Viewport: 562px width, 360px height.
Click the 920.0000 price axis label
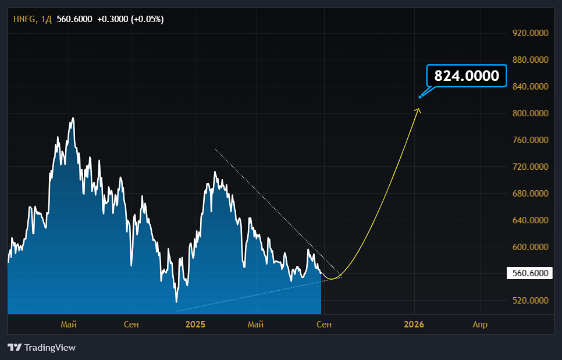click(x=530, y=33)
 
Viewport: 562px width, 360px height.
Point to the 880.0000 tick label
click(x=530, y=60)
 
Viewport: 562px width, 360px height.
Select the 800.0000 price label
click(x=530, y=113)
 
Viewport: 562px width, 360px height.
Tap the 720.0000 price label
click(x=530, y=166)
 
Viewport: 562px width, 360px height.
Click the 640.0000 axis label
click(x=530, y=220)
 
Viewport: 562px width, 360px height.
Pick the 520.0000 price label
click(x=530, y=301)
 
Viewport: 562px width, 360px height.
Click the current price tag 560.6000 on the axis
click(x=530, y=273)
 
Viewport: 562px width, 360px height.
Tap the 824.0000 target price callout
click(x=467, y=76)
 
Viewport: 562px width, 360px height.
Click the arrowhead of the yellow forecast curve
click(x=418, y=111)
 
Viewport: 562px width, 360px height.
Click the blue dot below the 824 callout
click(x=420, y=97)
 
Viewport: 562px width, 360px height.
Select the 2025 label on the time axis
click(x=195, y=325)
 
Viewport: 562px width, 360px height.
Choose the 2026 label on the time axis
click(x=414, y=325)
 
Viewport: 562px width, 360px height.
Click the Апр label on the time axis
click(x=480, y=325)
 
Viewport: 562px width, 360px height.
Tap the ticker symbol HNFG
click(x=24, y=19)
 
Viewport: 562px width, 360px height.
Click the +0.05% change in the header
click(x=147, y=19)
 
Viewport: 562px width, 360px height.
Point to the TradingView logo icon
click(x=15, y=347)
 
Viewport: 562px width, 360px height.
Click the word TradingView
click(x=50, y=347)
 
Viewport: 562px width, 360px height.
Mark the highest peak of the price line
click(x=73, y=118)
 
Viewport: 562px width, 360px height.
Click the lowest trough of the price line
click(x=176, y=302)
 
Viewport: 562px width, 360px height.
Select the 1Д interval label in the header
click(x=46, y=19)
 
